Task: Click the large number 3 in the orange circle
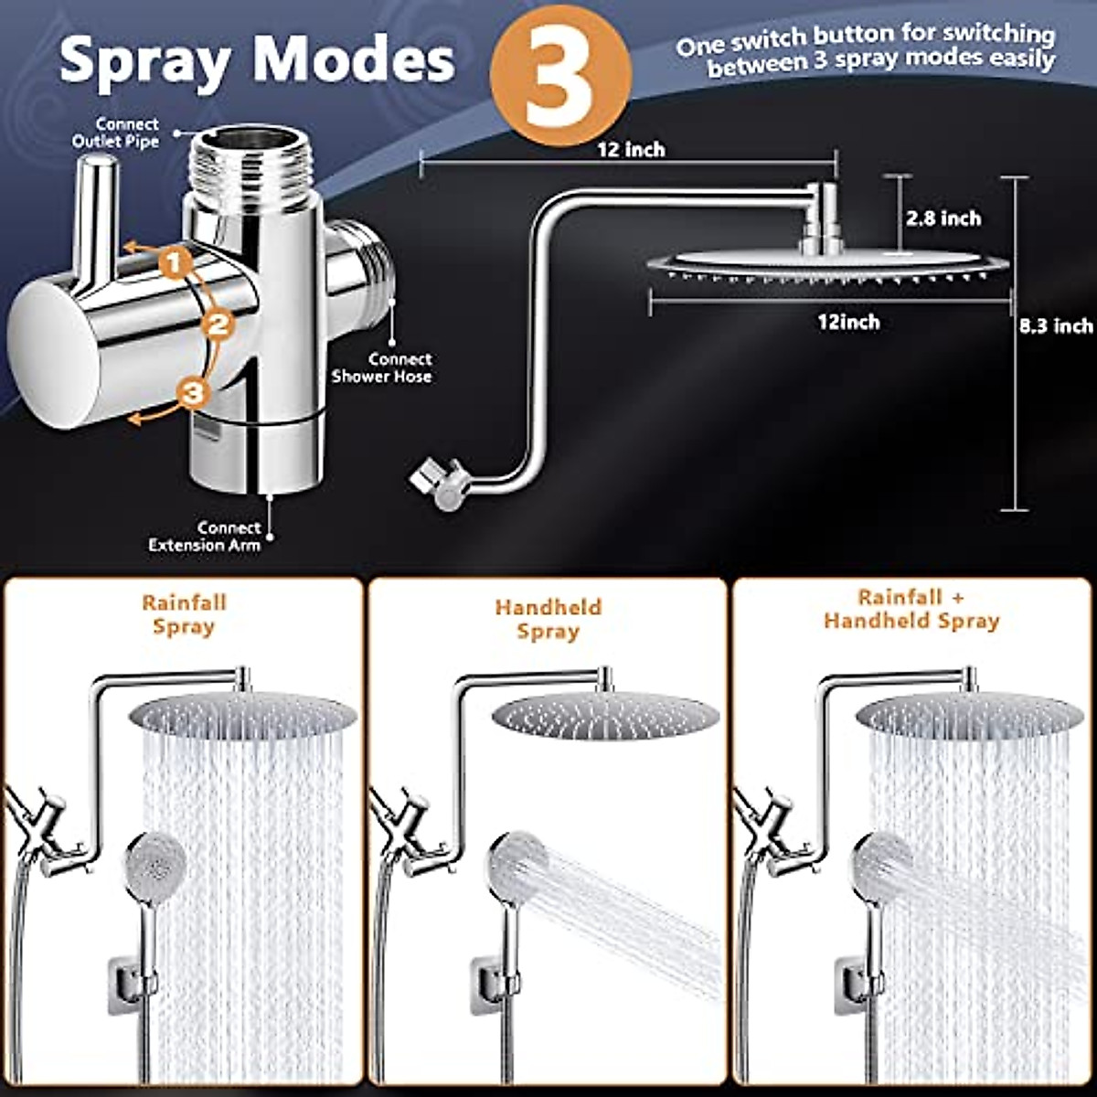click(559, 78)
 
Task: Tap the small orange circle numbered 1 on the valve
click(176, 263)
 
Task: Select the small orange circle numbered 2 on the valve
click(218, 324)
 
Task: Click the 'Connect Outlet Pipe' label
click(116, 133)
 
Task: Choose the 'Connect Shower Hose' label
click(382, 367)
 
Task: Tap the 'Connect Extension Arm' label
click(206, 537)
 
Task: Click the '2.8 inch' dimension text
click(943, 218)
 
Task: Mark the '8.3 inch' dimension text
click(1057, 325)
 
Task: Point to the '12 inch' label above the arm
click(631, 150)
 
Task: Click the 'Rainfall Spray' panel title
click(184, 614)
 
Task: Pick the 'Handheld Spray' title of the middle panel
click(548, 619)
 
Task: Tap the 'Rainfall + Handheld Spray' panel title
click(911, 610)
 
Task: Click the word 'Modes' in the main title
click(354, 60)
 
